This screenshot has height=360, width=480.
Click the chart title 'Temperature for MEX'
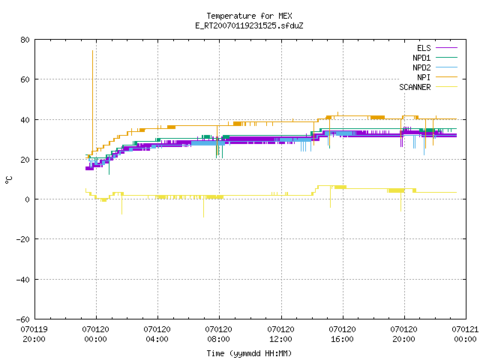coord(249,16)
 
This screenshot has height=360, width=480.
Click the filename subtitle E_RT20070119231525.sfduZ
coord(249,25)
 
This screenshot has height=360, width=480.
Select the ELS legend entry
coord(436,48)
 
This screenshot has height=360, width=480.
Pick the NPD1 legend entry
coord(435,58)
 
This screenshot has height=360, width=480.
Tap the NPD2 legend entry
coord(435,67)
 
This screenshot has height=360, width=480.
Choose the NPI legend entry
coord(436,77)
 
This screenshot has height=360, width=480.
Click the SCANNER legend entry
coord(428,87)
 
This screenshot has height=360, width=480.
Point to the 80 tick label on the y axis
coord(25,40)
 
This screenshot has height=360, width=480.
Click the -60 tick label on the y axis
coord(22,319)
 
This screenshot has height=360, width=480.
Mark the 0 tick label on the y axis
coord(28,199)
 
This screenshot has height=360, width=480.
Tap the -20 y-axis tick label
coord(22,239)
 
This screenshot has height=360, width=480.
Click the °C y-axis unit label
coord(8,180)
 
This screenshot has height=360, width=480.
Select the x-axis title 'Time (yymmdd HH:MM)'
coord(249,353)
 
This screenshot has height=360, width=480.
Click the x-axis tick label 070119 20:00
coord(34,334)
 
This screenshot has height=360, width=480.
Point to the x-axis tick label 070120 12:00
coord(280,334)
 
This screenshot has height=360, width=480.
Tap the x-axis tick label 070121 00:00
coord(465,334)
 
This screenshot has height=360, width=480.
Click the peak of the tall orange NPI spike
coord(92,51)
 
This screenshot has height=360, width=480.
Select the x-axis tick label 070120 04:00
coord(157,334)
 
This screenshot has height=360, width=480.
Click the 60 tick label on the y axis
coord(25,79)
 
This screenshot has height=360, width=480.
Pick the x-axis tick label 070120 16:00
coord(342,334)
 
